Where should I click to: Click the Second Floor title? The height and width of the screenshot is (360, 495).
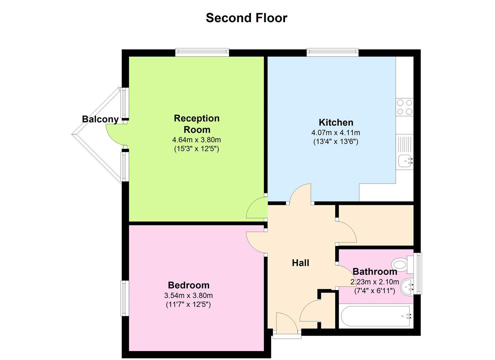(x=246, y=18)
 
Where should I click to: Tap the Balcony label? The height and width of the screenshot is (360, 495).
(x=100, y=119)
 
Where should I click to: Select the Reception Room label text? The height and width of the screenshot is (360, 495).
(x=197, y=124)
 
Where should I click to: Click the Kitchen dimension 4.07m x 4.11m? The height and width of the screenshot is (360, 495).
(x=336, y=132)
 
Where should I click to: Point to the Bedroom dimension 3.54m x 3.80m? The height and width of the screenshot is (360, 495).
(x=188, y=295)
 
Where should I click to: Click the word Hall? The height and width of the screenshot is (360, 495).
(x=300, y=263)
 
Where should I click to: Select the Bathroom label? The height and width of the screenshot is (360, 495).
(x=375, y=271)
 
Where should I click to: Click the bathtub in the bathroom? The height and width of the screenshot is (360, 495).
(x=375, y=316)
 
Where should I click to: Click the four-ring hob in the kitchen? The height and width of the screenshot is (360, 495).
(x=405, y=107)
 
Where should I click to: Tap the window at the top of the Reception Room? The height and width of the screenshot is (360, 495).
(x=202, y=52)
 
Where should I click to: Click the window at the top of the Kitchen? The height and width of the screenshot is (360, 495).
(x=332, y=52)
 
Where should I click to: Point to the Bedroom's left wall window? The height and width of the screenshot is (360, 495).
(x=124, y=298)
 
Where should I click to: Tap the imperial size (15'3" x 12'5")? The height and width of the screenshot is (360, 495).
(x=196, y=149)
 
